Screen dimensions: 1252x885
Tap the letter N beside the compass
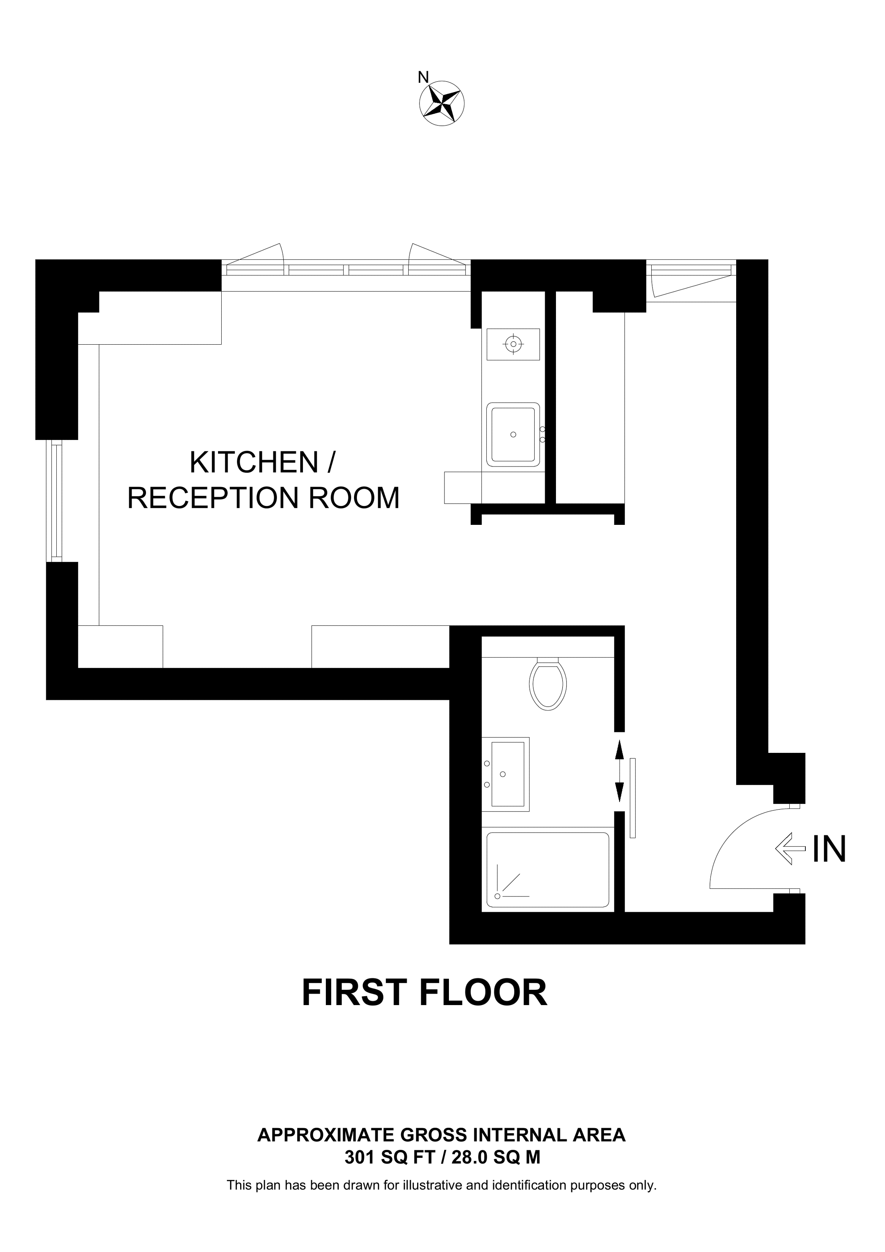click(x=423, y=78)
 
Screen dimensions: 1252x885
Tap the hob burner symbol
click(x=513, y=344)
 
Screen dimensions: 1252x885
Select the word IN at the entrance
click(x=829, y=849)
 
